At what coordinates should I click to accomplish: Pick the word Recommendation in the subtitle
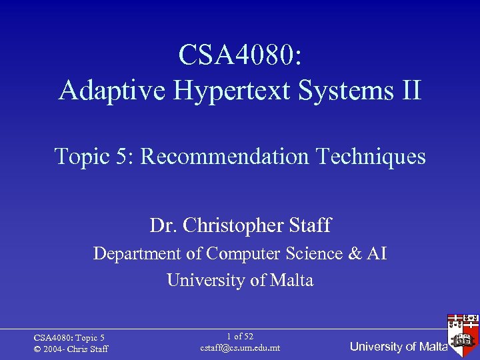coord(225,157)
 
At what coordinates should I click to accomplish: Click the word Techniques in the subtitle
coord(370,157)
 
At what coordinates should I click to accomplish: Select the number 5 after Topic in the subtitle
coord(125,157)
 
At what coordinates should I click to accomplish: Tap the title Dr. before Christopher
coord(161,226)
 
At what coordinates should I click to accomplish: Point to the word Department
coord(137,254)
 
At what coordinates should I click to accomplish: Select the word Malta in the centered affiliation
coord(292,281)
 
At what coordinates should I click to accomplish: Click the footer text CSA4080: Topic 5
coord(69,339)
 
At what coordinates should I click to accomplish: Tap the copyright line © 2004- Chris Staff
coord(71,349)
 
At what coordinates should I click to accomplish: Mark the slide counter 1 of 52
coord(240,337)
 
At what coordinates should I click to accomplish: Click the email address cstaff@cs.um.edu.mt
coord(240,348)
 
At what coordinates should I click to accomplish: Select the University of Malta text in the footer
coord(399,347)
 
